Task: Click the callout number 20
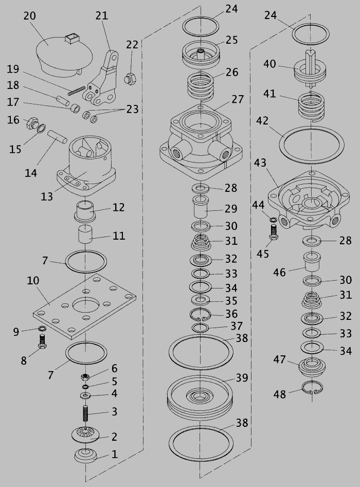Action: tap(30, 15)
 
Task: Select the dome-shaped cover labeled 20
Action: tap(65, 56)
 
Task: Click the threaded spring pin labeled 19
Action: tap(76, 91)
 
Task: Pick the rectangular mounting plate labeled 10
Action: tap(84, 306)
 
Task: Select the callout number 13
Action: tap(47, 196)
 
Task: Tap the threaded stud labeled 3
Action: tap(86, 413)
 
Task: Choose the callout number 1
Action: tap(115, 455)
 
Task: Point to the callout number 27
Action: tap(238, 99)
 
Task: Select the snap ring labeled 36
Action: tap(201, 314)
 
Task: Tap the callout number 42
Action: tap(262, 121)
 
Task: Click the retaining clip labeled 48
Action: tap(312, 387)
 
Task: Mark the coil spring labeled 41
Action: tap(311, 107)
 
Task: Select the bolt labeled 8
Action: tap(43, 341)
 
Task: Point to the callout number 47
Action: tap(279, 359)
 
